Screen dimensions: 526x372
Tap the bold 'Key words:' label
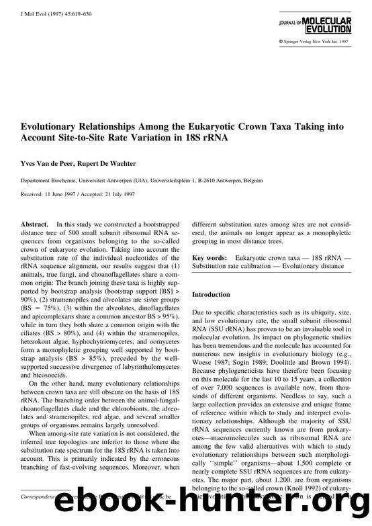click(209, 258)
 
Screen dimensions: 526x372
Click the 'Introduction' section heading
click(213, 294)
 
